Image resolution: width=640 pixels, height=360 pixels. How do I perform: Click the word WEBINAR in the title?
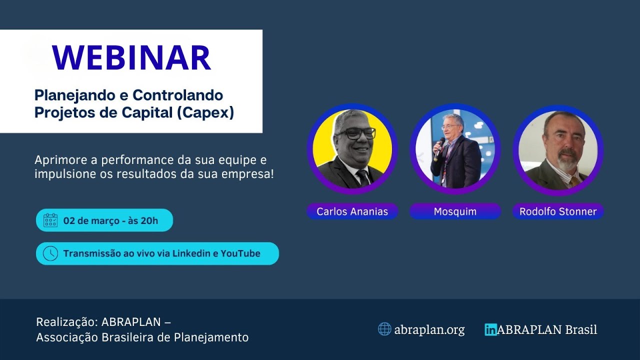tap(132, 58)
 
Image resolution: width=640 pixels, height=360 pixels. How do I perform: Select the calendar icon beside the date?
tap(50, 220)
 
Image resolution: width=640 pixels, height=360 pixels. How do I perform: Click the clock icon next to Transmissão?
tap(50, 253)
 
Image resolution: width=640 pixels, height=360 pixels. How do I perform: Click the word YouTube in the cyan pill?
tap(240, 253)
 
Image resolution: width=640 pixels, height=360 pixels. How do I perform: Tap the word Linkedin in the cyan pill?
tap(191, 253)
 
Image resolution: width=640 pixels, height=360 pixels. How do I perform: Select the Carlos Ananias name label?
tap(352, 211)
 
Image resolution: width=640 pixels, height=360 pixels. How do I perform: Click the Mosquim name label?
tap(455, 211)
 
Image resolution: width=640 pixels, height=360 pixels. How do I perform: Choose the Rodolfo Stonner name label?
tap(558, 211)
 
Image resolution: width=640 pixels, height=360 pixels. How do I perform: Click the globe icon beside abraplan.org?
tap(384, 329)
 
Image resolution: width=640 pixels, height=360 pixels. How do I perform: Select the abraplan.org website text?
tap(429, 330)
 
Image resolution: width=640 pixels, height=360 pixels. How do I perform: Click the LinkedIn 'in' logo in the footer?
tap(490, 329)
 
